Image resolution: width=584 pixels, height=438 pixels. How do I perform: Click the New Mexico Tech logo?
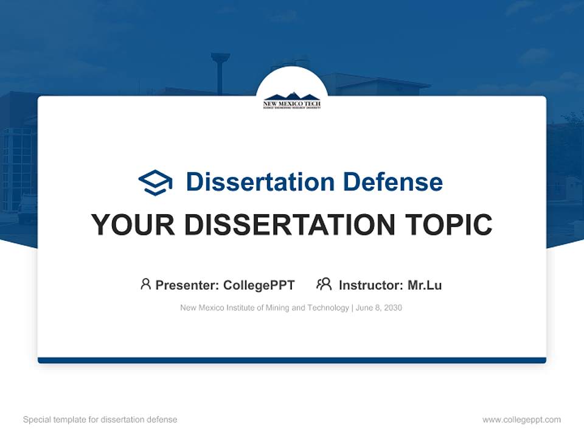pos(291,100)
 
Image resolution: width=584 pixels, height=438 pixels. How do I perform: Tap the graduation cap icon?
pos(155,182)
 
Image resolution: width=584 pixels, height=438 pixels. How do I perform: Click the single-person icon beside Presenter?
pos(145,284)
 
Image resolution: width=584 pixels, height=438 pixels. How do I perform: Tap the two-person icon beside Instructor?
pos(324,284)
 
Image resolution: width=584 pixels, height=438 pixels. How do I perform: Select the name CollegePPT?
pos(259,285)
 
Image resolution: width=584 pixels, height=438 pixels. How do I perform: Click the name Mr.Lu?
pos(425,285)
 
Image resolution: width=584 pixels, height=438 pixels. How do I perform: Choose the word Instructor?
pos(370,285)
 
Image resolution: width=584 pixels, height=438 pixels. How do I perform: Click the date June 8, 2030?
pos(379,308)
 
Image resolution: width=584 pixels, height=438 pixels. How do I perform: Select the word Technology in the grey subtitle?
pos(328,308)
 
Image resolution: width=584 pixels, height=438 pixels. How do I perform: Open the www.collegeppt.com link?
pos(521,420)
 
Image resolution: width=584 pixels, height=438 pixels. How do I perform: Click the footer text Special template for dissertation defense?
pos(100,420)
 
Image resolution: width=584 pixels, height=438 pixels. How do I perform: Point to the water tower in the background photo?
pos(220,70)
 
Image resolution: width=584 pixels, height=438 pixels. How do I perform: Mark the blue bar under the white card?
pos(292,360)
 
